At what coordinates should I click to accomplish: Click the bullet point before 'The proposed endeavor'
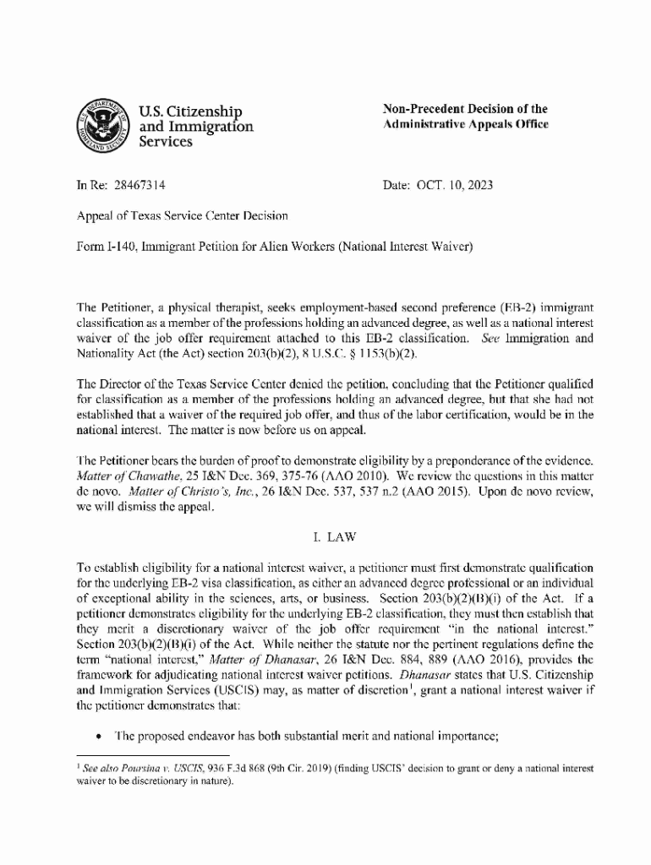(x=100, y=735)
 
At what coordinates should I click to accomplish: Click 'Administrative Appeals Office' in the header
(x=466, y=124)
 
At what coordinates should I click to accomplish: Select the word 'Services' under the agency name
(x=164, y=142)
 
